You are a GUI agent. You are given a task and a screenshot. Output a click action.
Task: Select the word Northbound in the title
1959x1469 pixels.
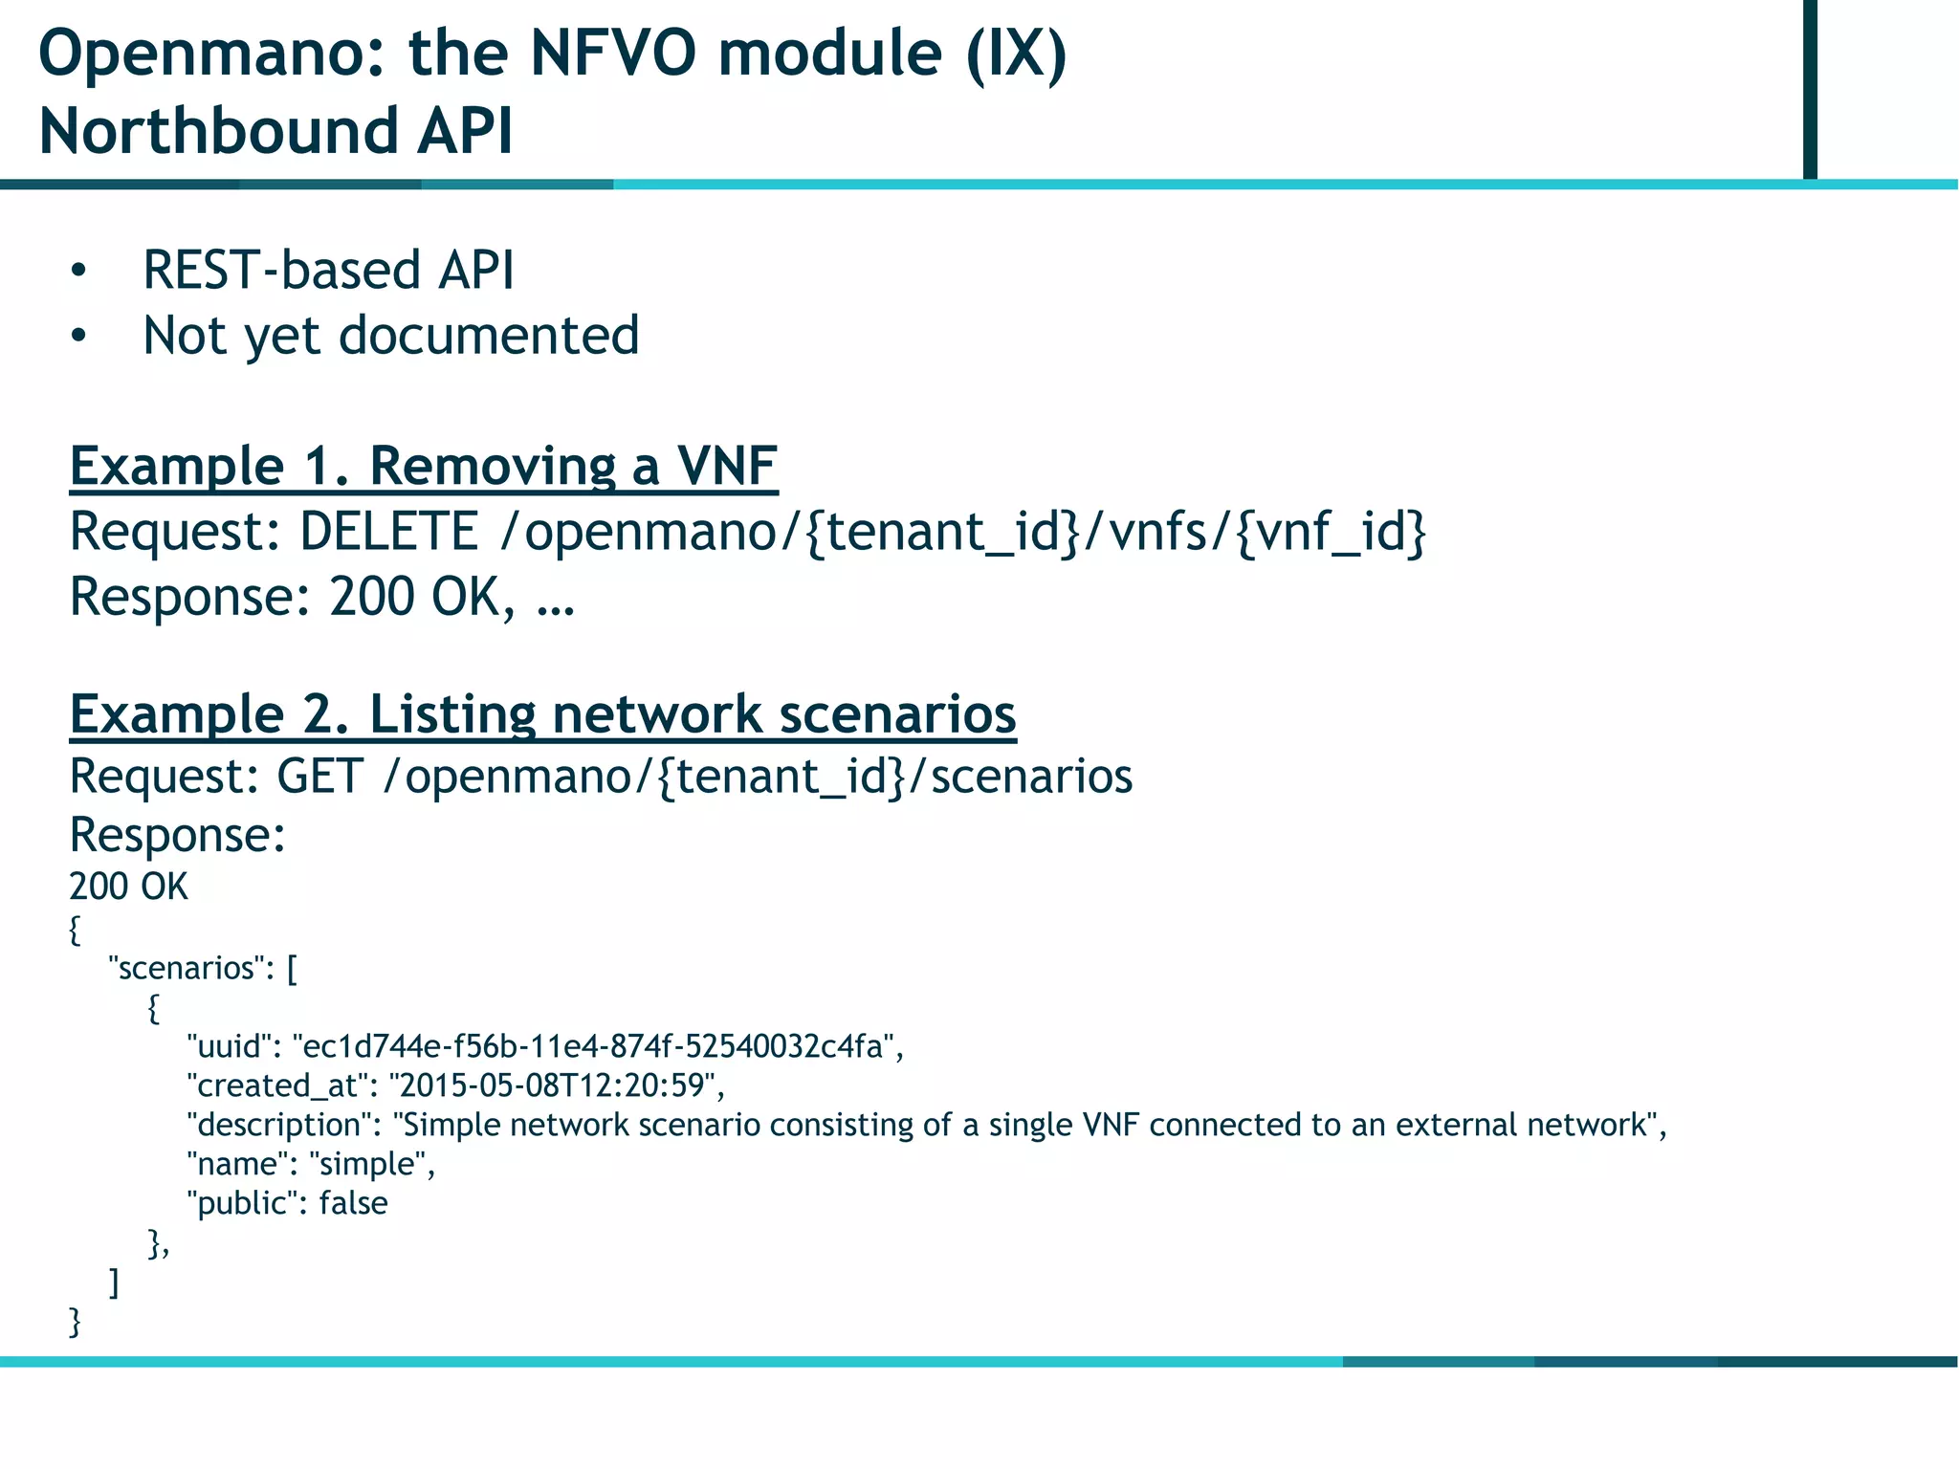[216, 131]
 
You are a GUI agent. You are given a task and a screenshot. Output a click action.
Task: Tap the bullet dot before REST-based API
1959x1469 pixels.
[78, 271]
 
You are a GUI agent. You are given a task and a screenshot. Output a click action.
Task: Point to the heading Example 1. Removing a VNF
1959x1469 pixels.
[423, 467]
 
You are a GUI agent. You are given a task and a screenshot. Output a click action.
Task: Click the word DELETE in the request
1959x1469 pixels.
[388, 532]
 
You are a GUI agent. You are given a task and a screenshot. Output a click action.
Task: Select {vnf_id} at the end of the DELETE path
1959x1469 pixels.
[1331, 532]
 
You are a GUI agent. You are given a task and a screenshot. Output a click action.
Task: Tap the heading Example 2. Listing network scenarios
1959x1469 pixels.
[542, 714]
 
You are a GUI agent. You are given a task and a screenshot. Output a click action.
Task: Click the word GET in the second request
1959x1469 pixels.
[319, 776]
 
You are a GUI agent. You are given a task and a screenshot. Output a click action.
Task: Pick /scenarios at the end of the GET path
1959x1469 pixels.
[1021, 776]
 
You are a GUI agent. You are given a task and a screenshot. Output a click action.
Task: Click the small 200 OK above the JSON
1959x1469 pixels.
[128, 887]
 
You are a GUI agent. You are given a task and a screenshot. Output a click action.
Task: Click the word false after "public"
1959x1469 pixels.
[353, 1203]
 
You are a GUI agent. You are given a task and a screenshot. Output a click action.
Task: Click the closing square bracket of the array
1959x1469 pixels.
[115, 1283]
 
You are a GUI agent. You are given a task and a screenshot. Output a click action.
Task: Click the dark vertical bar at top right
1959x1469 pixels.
[1809, 89]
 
